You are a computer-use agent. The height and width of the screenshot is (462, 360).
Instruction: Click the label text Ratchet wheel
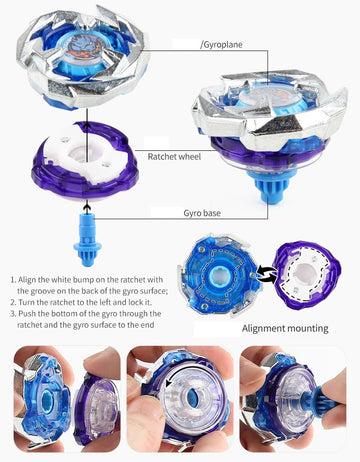(x=176, y=156)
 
